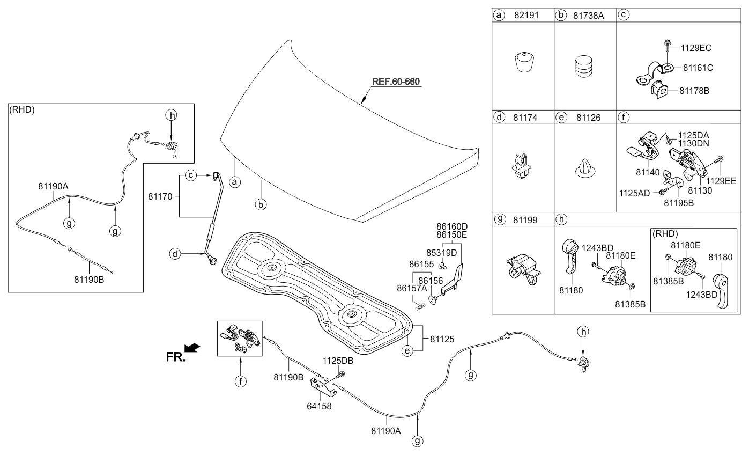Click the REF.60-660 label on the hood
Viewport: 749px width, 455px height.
pos(396,82)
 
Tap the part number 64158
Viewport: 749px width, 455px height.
pos(320,406)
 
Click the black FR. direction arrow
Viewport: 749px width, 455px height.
pos(192,348)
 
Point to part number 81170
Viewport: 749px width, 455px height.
pos(160,196)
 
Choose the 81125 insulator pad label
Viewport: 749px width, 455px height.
pos(442,339)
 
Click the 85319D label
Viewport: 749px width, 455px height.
pos(441,252)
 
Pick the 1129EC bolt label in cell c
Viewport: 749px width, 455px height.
pos(696,48)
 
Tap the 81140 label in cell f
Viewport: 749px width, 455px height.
pos(647,173)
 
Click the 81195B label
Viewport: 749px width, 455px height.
pos(679,203)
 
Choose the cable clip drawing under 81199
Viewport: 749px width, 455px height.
pos(523,267)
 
